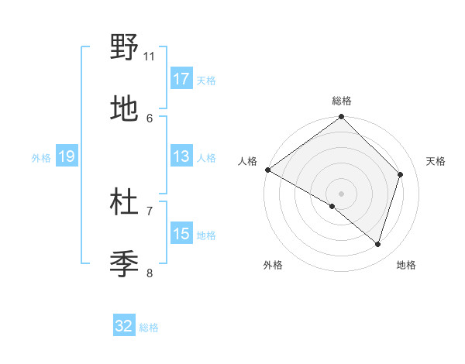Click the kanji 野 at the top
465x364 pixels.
(124, 48)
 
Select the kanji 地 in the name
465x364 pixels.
(124, 110)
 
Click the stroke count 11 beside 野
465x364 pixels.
(150, 56)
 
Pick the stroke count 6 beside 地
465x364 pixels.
(150, 118)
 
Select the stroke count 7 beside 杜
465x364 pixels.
(150, 211)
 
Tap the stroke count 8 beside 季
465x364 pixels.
(150, 273)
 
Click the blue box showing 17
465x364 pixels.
(181, 79)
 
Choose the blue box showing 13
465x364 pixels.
(181, 156)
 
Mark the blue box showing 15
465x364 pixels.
(181, 234)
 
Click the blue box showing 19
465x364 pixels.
(66, 156)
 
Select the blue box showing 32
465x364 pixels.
(124, 326)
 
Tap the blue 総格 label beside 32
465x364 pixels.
(149, 328)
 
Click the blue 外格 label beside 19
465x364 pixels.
(41, 157)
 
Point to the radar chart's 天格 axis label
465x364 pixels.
(436, 161)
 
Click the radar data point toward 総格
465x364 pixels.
(341, 118)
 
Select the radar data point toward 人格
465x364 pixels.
(267, 170)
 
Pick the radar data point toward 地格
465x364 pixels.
(377, 244)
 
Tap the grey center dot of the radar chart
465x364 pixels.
(341, 194)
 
